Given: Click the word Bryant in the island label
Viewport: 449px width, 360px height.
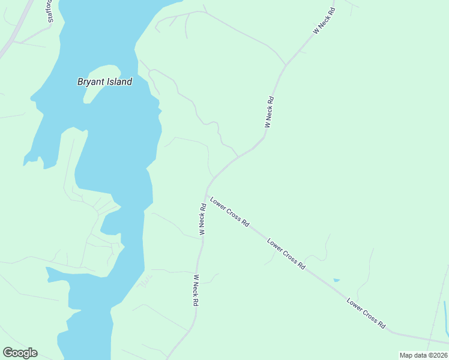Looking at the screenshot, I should (92, 82).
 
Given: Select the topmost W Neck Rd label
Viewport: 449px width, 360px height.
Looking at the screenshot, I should (324, 21).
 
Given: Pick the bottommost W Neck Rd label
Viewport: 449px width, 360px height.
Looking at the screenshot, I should (195, 290).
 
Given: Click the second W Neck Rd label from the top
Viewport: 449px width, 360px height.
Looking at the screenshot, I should (270, 112).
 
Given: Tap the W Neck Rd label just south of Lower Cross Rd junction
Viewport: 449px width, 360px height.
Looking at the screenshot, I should (203, 219).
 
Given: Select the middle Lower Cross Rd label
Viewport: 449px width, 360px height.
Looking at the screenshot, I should (286, 254).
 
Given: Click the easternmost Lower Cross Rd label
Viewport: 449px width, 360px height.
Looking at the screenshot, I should (366, 313).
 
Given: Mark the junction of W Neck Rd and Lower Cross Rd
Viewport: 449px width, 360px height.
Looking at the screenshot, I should (206, 194).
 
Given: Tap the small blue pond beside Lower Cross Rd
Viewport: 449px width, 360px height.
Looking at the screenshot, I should (336, 280).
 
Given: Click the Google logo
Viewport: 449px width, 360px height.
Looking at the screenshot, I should (20, 353).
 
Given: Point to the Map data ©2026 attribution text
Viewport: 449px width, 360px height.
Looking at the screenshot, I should (423, 355).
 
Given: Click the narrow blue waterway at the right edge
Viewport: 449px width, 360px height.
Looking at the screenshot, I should (446, 318).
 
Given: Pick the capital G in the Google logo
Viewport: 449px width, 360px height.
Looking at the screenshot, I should (7, 353).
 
